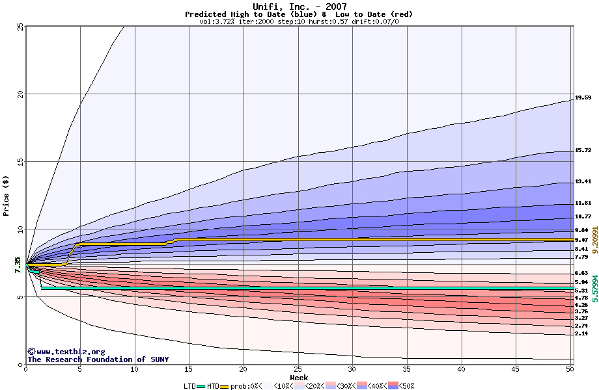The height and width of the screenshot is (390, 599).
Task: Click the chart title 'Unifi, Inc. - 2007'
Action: [x=299, y=6]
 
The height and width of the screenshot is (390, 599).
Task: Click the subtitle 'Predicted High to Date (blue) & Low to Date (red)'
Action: [x=299, y=14]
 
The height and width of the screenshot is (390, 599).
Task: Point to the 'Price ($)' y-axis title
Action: [x=7, y=195]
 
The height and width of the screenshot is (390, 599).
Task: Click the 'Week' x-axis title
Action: [x=299, y=377]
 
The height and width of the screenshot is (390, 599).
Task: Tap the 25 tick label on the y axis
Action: [x=20, y=26]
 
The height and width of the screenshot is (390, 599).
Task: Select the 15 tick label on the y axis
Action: [x=20, y=161]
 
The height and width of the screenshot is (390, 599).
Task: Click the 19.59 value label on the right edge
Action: [x=583, y=97]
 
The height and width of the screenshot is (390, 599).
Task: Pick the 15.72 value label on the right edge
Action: [x=583, y=150]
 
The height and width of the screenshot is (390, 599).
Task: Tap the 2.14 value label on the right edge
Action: [x=581, y=333]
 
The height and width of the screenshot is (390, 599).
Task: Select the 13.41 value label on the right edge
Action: [x=583, y=181]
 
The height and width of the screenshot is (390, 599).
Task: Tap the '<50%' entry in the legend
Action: [x=402, y=386]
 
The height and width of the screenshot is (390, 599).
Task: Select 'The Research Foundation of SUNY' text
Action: [x=98, y=359]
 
